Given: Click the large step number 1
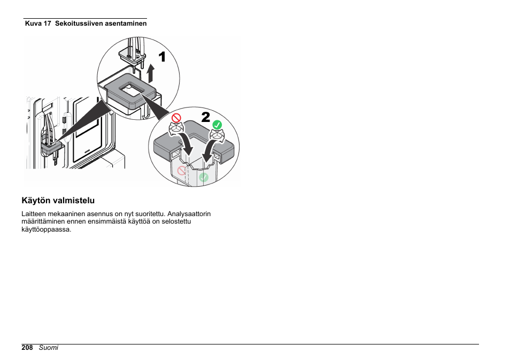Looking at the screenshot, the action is pos(161,57).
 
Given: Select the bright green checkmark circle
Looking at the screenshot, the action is pos(217,125).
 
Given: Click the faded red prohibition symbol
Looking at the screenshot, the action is pos(182,171).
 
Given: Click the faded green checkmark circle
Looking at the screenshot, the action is pos(204,177).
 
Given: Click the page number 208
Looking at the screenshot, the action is pos(27,348).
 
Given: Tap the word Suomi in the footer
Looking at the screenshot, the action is pos(49,348).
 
